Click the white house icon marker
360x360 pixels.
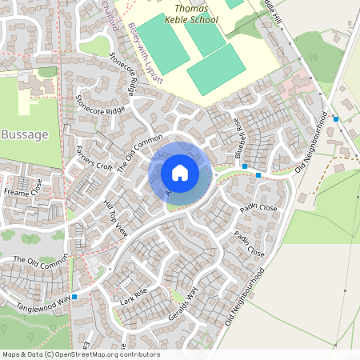(x=180, y=173)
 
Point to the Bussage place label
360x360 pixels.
(x=26, y=134)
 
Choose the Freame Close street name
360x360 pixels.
(x=22, y=192)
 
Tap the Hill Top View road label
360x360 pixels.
(x=117, y=217)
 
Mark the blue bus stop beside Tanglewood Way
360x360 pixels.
(x=74, y=297)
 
